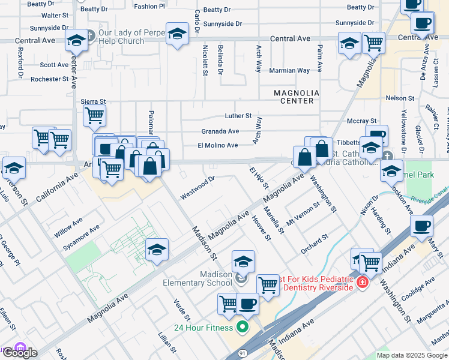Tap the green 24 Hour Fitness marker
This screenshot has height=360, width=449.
coord(243,327)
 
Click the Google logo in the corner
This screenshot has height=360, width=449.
coord(19,353)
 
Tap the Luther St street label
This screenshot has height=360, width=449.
coord(238,115)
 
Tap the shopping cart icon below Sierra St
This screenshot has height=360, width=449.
coord(94,115)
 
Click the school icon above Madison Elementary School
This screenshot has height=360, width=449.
coord(243,261)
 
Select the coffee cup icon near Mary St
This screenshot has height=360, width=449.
coord(421,227)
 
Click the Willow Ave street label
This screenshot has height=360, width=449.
coord(69,227)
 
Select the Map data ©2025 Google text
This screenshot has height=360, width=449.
coord(411,355)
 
